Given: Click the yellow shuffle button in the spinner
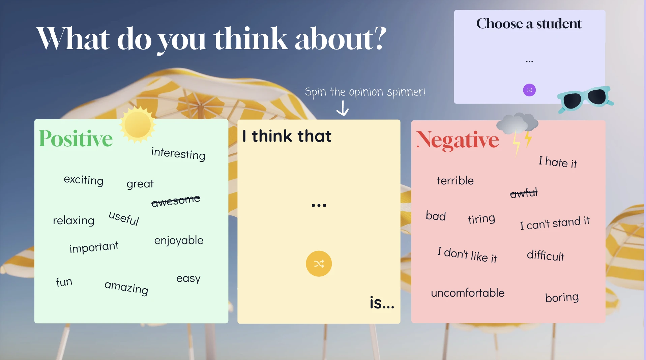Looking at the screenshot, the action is click(319, 264).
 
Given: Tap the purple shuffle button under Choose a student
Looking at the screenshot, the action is click(529, 90).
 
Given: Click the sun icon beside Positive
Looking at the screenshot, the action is click(138, 124).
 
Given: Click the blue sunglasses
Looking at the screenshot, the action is click(585, 99).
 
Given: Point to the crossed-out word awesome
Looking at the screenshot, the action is click(176, 201).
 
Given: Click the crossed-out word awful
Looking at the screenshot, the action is click(524, 193).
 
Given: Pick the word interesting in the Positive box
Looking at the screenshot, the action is click(178, 154).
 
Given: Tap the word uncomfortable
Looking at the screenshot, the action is click(468, 293).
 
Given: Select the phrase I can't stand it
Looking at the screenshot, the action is click(555, 223).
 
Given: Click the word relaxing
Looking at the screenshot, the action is click(74, 220).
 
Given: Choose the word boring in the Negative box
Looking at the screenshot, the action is click(562, 297).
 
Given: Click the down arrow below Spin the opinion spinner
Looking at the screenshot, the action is click(343, 108).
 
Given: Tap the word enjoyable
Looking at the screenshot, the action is click(179, 240).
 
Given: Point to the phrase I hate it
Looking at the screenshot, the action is click(558, 162).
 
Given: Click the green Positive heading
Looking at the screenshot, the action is click(76, 138).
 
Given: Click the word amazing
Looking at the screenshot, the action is click(126, 288).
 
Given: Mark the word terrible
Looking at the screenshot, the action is click(455, 180).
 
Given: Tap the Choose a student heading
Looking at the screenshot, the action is click(529, 24).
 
